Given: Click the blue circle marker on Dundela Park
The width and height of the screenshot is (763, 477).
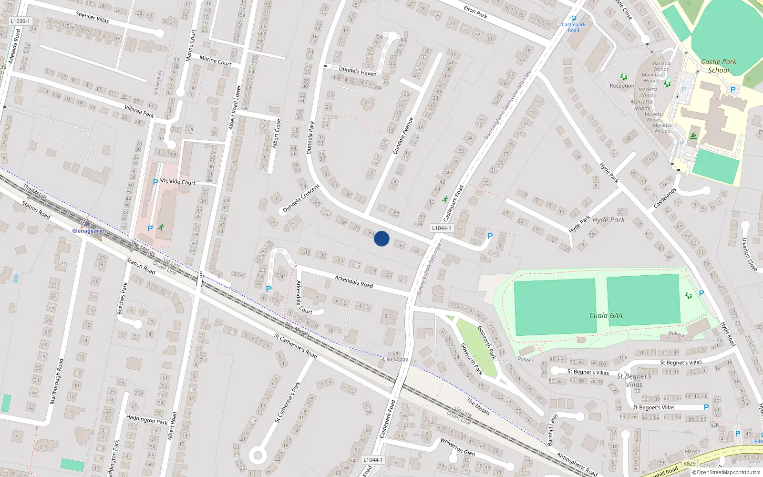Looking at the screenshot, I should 381,238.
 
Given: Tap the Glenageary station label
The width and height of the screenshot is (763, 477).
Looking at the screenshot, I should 87,231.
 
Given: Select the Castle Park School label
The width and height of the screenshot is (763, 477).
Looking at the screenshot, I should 719,66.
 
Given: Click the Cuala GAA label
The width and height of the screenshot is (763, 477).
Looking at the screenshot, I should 606,315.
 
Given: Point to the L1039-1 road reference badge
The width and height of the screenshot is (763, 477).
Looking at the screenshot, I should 20,21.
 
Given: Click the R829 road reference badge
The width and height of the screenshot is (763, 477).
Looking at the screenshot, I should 689,463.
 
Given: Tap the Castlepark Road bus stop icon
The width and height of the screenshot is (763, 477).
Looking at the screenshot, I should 574,19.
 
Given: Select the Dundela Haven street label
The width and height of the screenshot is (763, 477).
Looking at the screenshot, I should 357,72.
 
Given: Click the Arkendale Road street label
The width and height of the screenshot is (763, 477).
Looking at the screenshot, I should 354,281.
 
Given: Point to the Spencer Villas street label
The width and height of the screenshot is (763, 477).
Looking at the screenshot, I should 93,18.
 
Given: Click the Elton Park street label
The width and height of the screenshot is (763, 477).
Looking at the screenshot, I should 475,12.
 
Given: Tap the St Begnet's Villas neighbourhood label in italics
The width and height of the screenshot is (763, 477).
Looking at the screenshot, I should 634,380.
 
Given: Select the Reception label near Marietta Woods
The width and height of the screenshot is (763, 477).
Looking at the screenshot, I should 622,86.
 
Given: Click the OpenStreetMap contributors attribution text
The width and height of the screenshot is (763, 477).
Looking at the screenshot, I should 726,472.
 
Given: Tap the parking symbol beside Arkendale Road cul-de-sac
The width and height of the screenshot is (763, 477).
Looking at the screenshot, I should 268,289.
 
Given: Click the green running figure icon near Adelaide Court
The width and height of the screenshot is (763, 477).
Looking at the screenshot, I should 161,227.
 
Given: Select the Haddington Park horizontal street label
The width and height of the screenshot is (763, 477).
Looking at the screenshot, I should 147,419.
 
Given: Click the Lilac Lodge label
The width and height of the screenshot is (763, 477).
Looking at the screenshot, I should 395,359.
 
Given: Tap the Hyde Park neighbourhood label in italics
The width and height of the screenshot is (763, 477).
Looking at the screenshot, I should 608,220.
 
